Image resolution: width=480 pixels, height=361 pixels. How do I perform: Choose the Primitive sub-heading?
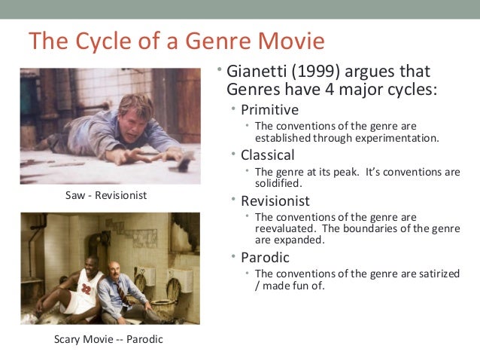point(269,110)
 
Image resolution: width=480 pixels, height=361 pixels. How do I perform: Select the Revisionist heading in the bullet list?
point(275,201)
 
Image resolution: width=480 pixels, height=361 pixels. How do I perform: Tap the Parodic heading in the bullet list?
point(265,258)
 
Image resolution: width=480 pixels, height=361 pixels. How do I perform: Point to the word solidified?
point(278,183)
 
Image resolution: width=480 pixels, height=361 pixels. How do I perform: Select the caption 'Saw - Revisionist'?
point(106,196)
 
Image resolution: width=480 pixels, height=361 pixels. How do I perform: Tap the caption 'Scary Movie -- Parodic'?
point(108,339)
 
